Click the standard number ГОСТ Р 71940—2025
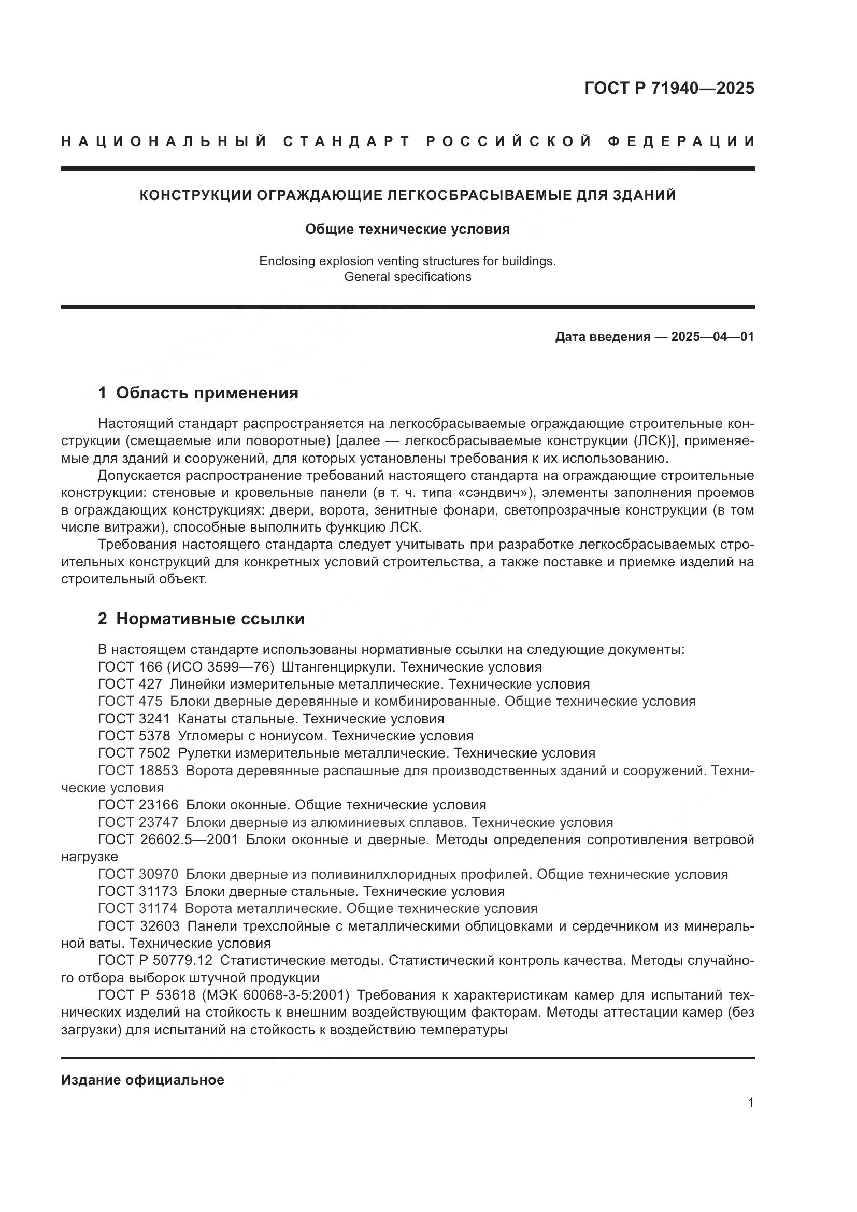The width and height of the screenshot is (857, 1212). [x=669, y=88]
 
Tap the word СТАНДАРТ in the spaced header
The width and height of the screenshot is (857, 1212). [x=347, y=141]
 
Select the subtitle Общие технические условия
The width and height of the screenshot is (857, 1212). [x=407, y=229]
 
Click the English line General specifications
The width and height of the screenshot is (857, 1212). [x=407, y=277]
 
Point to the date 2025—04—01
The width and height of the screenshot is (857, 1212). [x=712, y=337]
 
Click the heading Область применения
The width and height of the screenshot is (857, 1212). [x=207, y=393]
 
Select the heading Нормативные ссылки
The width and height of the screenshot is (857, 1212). [x=210, y=619]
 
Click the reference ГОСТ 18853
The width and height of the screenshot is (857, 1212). [x=138, y=771]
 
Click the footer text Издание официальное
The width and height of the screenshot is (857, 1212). [x=142, y=1080]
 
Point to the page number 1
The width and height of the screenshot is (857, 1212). [x=750, y=1102]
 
